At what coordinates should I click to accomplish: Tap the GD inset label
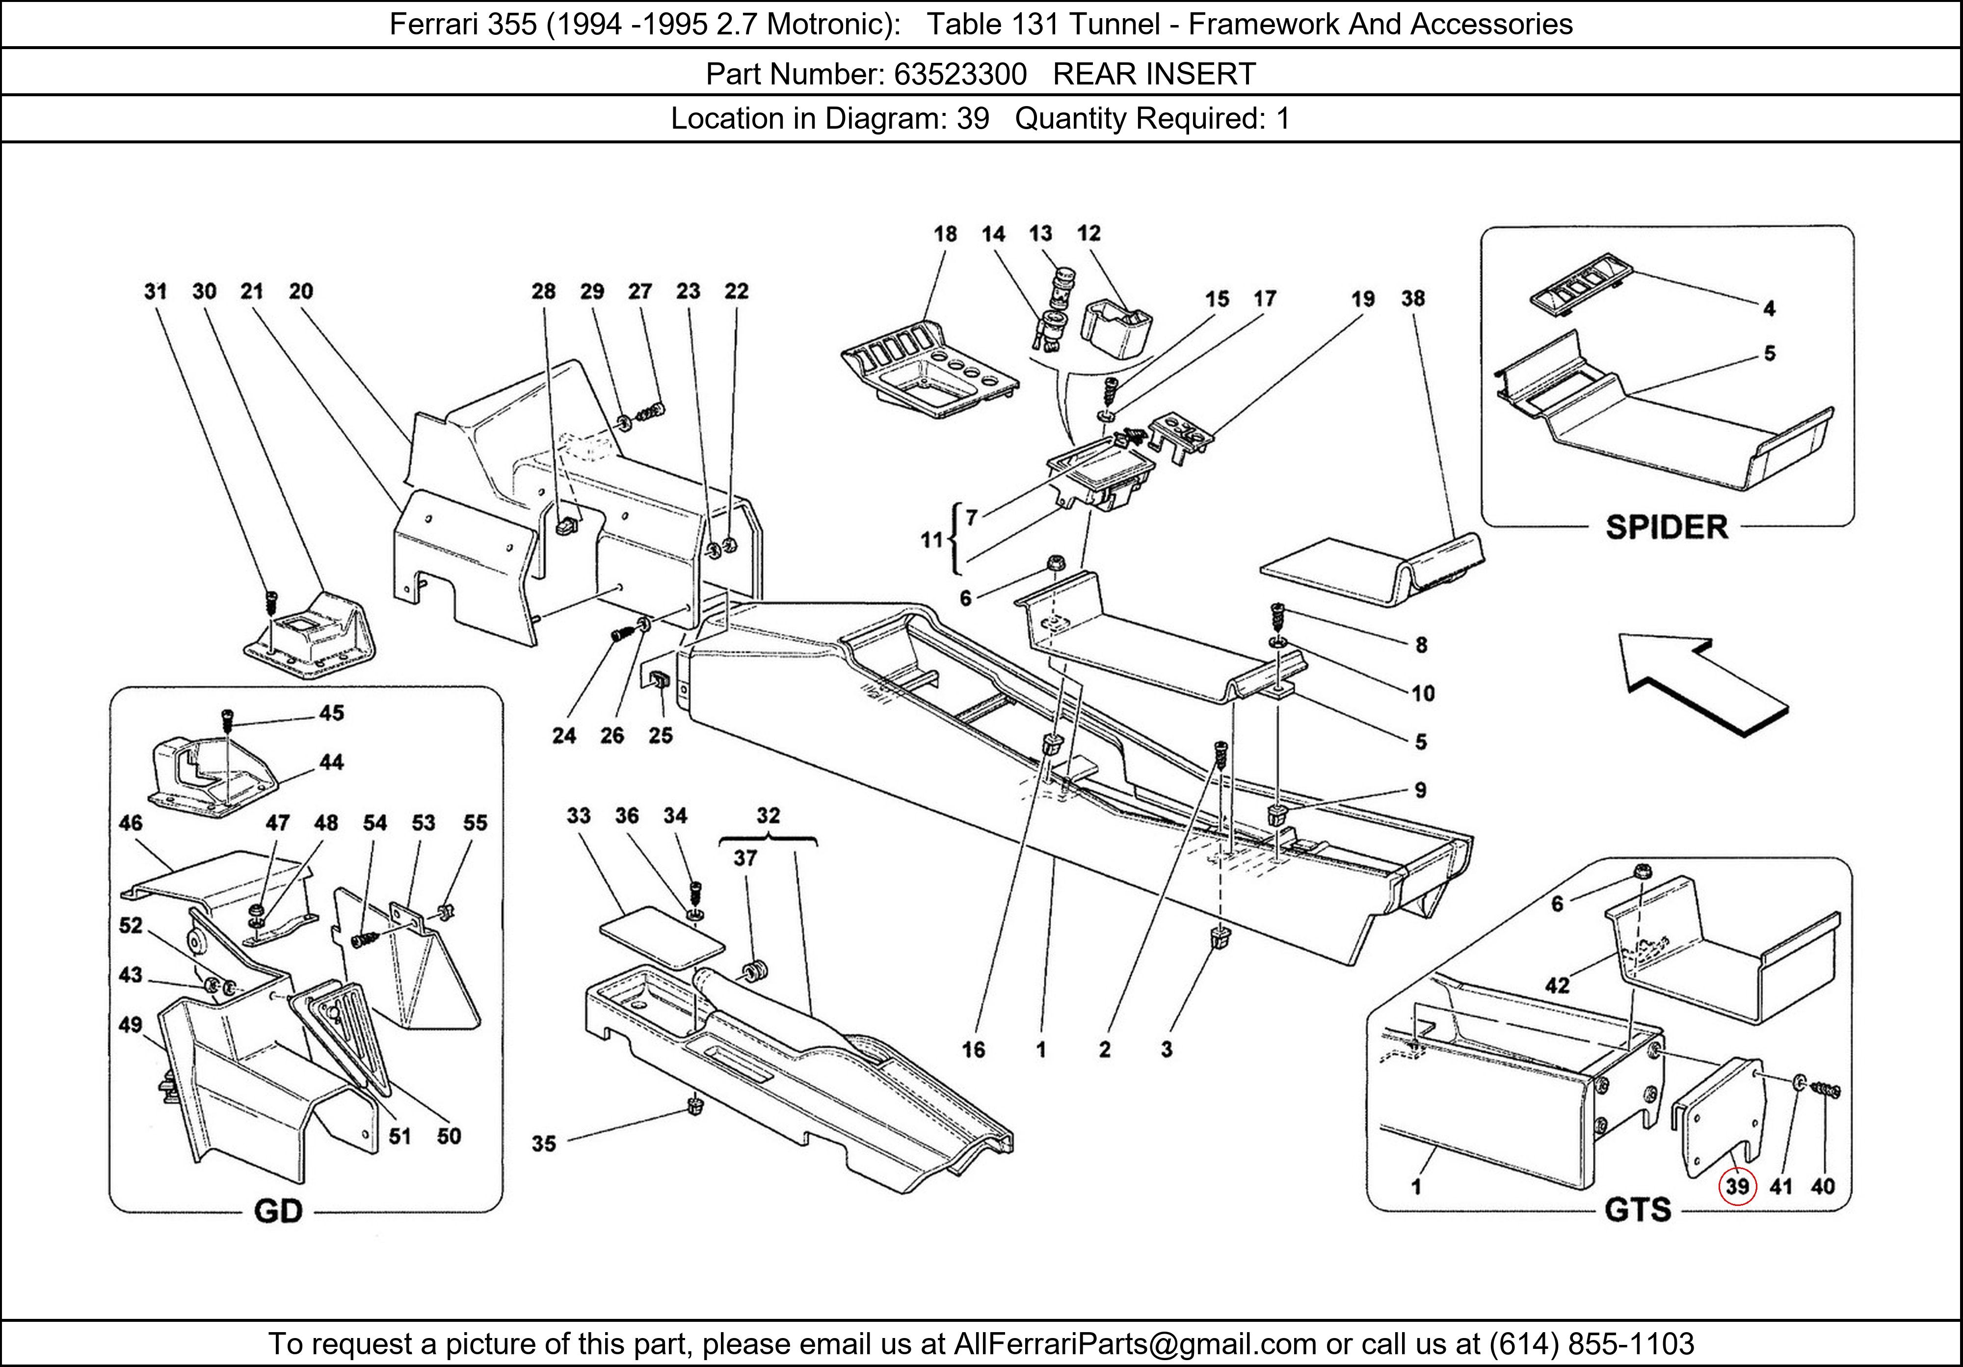coord(279,1211)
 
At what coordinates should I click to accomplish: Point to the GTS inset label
coord(1637,1209)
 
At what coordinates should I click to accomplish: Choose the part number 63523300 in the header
coord(960,75)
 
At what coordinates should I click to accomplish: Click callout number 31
coord(155,292)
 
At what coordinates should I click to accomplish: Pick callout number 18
coord(945,234)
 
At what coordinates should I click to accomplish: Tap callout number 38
coord(1413,299)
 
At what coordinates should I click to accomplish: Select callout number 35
coord(544,1144)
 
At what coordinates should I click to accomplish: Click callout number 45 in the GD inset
coord(332,712)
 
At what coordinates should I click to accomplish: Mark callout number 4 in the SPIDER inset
coord(1769,309)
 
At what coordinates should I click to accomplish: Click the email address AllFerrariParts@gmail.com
coord(1135,1344)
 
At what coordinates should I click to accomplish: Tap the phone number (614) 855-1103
coord(1591,1344)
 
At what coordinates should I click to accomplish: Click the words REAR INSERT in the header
coord(1154,75)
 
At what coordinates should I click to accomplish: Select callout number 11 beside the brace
coord(930,540)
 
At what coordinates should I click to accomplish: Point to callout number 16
coord(974,1050)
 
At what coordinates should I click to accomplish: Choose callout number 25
coord(660,736)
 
